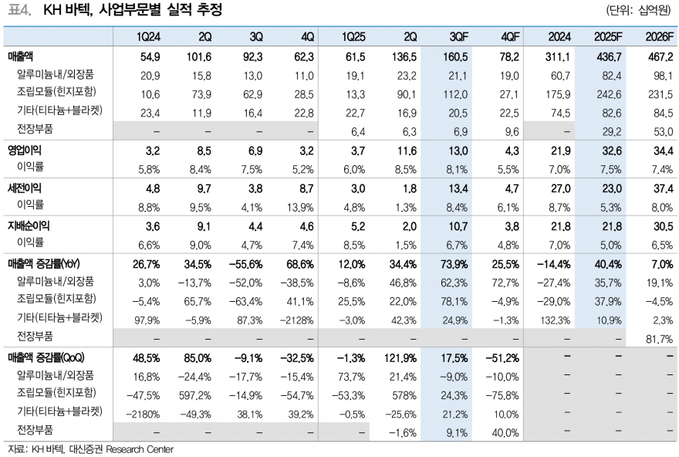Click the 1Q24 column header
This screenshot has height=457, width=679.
[147, 36]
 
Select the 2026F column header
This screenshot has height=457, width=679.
[659, 36]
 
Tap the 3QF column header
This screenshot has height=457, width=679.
[457, 36]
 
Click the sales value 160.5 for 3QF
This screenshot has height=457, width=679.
[455, 57]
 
